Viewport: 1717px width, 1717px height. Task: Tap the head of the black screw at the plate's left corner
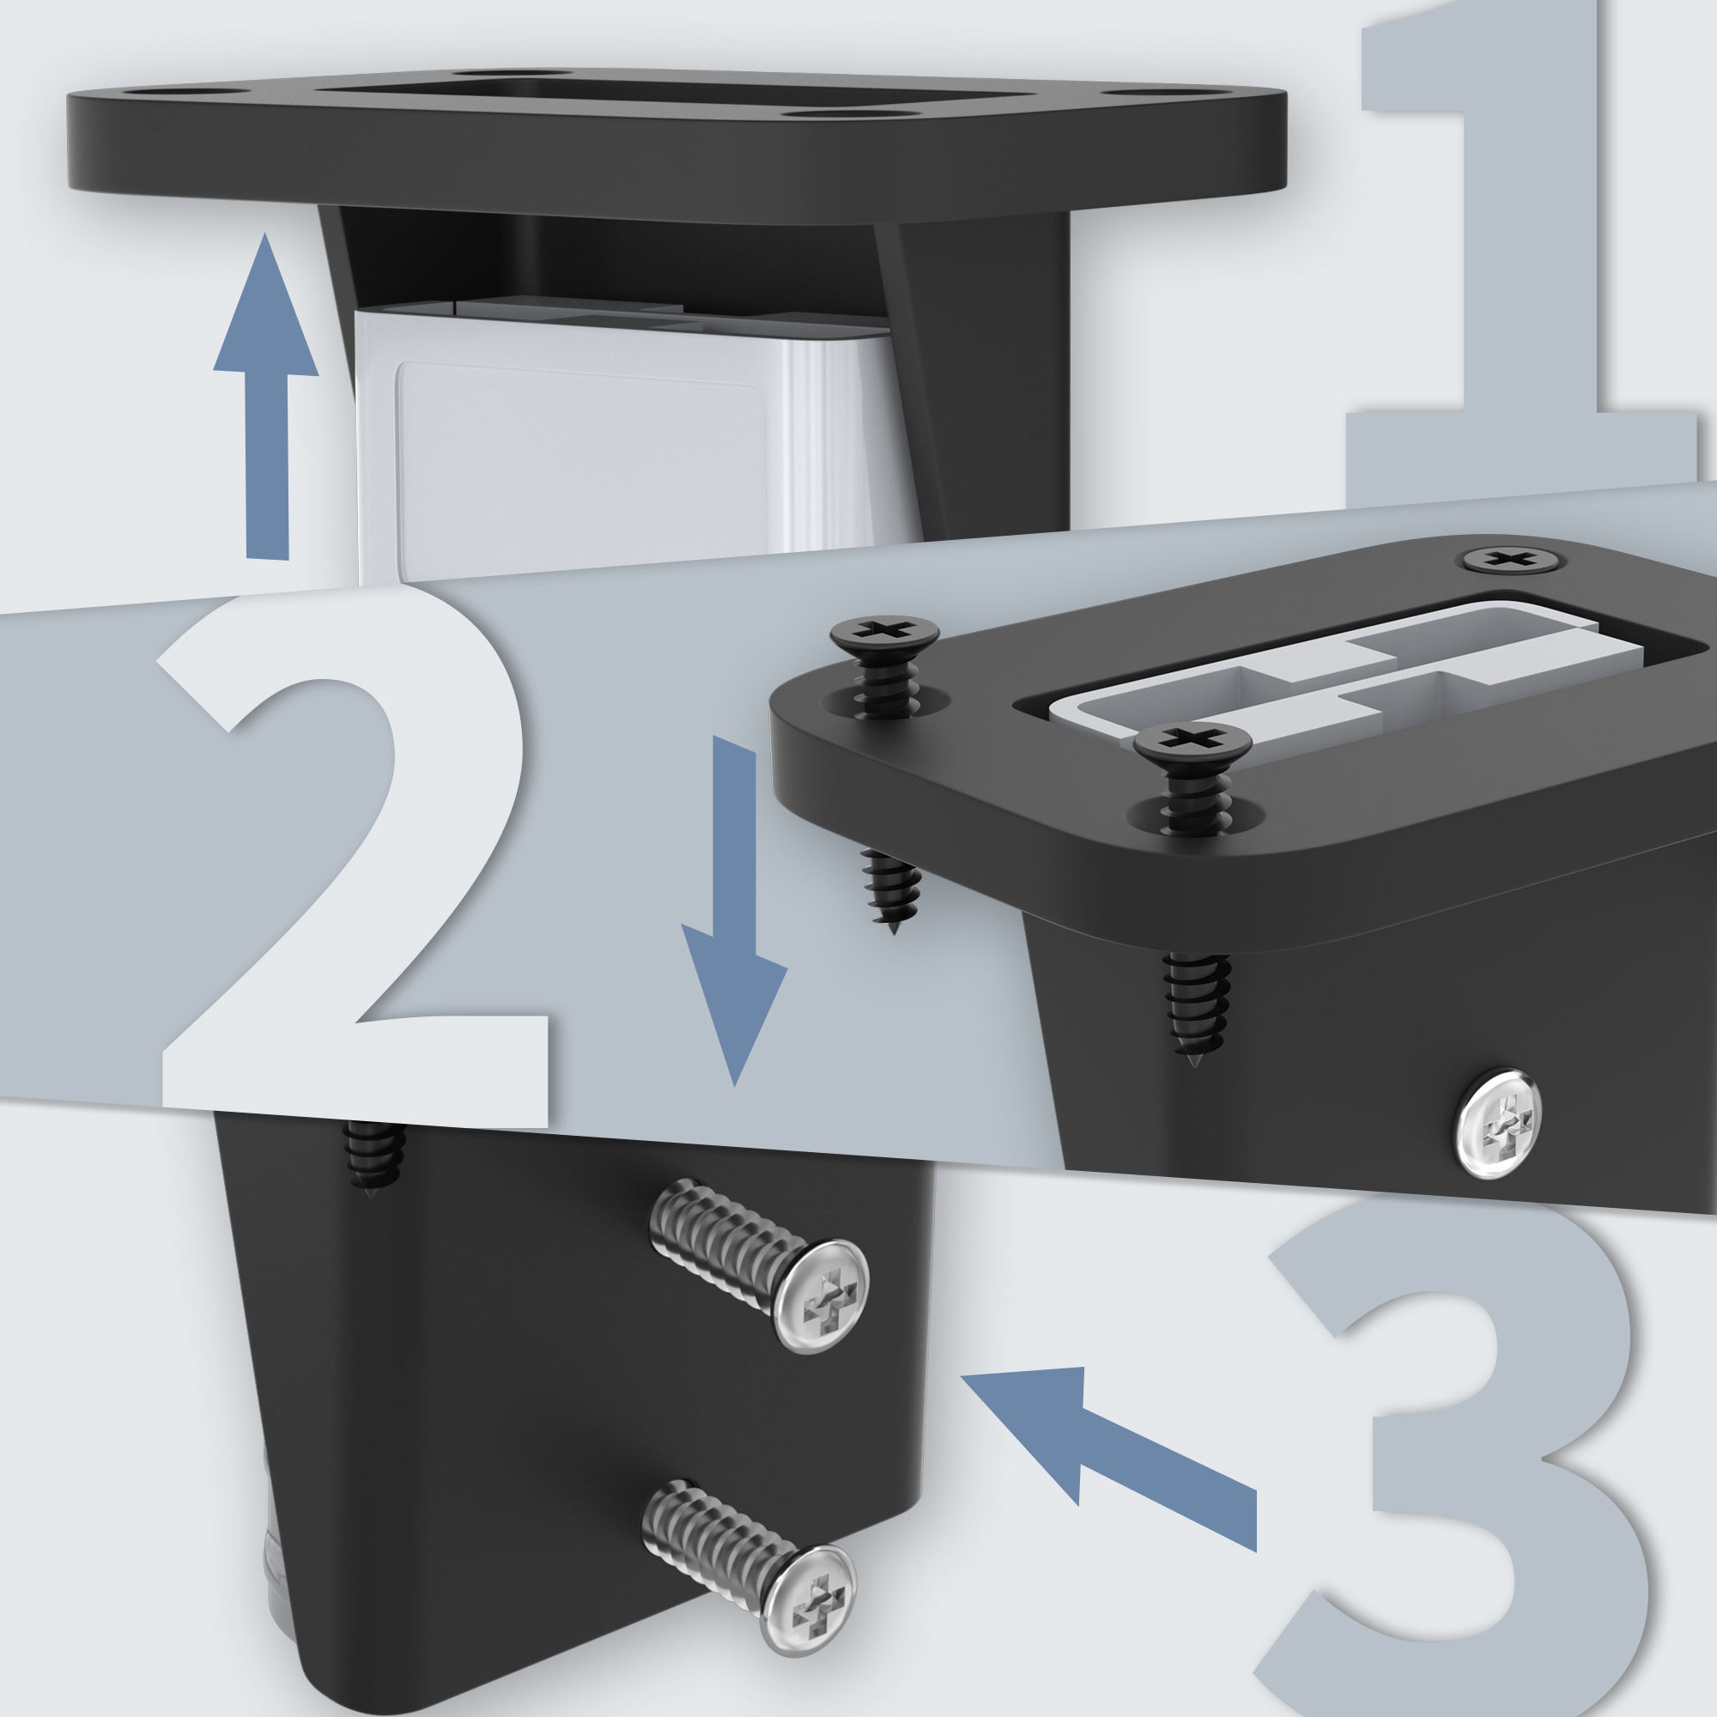tap(871, 633)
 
